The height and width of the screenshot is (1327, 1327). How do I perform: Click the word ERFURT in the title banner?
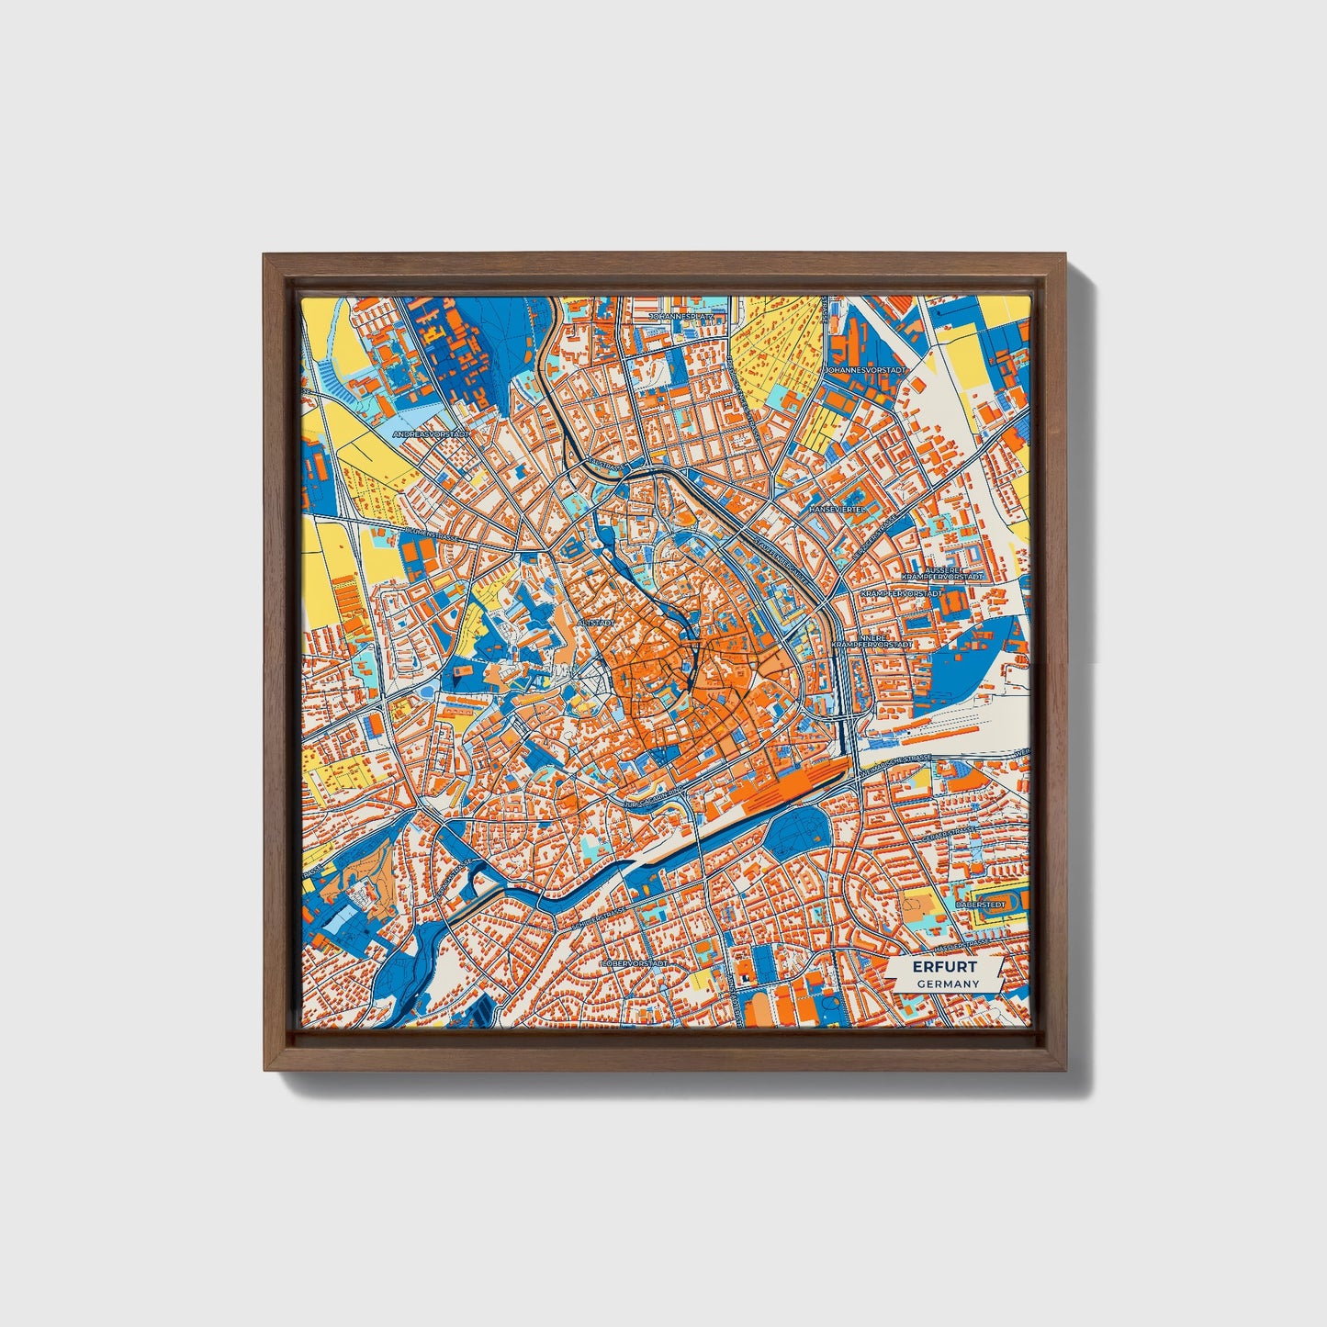coord(945,968)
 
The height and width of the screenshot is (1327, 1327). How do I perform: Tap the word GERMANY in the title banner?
coord(947,984)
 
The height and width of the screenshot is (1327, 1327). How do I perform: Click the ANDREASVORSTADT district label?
coord(431,433)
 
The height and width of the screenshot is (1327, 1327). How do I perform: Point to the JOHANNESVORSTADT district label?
coord(865,369)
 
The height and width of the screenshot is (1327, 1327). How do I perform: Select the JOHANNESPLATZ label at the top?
coord(687,315)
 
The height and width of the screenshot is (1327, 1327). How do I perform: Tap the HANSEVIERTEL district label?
coord(838,509)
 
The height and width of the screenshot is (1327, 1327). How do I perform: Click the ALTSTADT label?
coord(594,622)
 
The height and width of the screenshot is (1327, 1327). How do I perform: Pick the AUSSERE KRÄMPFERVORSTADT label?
coord(942,572)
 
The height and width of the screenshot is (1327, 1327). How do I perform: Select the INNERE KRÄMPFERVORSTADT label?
coord(872,641)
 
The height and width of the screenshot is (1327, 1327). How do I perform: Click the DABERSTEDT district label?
coord(981,905)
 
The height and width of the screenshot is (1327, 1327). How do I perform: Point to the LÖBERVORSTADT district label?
coord(634,963)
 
